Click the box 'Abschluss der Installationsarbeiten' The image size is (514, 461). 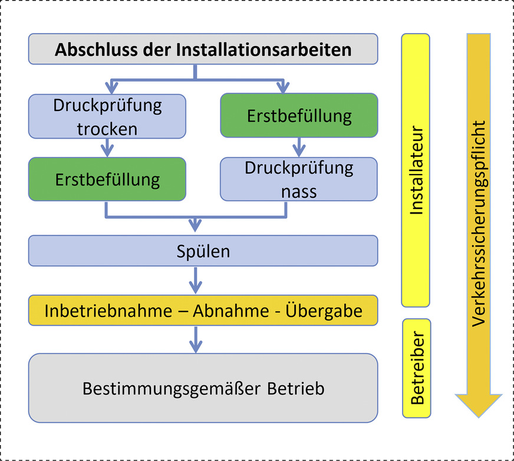coord(203,48)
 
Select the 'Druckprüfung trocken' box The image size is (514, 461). coord(107,116)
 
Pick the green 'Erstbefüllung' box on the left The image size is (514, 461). coord(107,179)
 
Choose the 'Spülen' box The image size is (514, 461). coord(203,251)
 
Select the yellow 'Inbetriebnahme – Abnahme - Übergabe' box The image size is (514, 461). coord(203,310)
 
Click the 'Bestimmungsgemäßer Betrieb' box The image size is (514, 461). coord(203,388)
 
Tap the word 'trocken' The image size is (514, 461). coord(107,128)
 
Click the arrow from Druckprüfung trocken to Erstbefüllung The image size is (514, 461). coord(107,148)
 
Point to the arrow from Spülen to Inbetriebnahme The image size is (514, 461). coord(195,281)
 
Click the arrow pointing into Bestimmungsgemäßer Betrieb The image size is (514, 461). coord(195,339)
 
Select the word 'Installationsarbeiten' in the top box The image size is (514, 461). coord(263,48)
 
